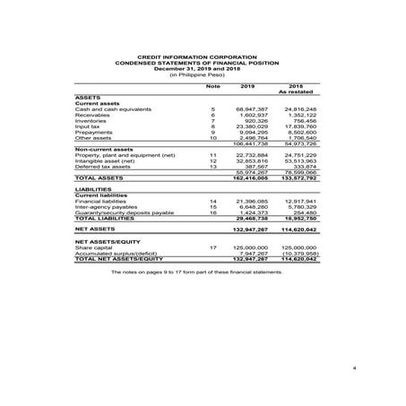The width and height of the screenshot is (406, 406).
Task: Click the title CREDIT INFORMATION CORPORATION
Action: coord(203,55)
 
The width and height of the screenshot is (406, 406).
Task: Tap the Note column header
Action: coord(212,86)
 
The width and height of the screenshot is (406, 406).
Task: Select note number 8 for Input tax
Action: coord(213,126)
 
